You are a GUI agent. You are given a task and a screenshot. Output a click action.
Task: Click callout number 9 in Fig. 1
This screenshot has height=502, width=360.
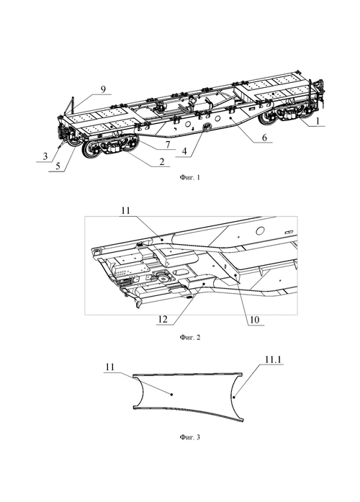pyautogui.click(x=103, y=89)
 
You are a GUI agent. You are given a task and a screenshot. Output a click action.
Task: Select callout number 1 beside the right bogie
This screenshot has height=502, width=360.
pyautogui.click(x=317, y=121)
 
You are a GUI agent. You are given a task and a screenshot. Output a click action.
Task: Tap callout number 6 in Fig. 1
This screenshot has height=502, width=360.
pyautogui.click(x=264, y=137)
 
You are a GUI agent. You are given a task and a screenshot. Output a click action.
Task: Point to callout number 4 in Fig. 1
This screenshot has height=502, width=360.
pyautogui.click(x=184, y=151)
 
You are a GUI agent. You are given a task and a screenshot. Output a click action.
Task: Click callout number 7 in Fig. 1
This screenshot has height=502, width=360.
pyautogui.click(x=167, y=144)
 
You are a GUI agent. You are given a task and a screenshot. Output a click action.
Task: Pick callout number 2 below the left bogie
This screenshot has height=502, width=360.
pyautogui.click(x=161, y=161)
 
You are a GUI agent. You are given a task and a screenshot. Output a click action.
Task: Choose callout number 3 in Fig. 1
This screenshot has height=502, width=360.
pyautogui.click(x=45, y=156)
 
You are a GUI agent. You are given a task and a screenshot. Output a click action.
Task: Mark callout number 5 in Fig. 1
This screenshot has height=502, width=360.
pyautogui.click(x=58, y=166)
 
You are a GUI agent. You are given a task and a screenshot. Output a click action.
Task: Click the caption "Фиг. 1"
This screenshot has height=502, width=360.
pyautogui.click(x=190, y=177)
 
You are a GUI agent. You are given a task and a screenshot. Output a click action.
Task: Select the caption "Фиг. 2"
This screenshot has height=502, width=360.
pyautogui.click(x=190, y=337)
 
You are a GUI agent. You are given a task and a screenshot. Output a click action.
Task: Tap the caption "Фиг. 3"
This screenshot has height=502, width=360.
pyautogui.click(x=190, y=437)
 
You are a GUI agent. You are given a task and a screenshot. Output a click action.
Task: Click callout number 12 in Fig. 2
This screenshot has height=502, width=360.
pyautogui.click(x=163, y=320)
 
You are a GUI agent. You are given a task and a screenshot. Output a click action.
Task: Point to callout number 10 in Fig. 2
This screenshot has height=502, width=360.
pyautogui.click(x=254, y=320)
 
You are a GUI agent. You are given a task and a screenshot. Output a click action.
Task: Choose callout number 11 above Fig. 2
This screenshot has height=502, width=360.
pyautogui.click(x=126, y=210)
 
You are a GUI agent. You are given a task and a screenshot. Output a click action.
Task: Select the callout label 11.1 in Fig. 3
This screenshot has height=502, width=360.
pyautogui.click(x=273, y=359)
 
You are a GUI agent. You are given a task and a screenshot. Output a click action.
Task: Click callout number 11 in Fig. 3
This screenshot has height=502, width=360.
pyautogui.click(x=109, y=367)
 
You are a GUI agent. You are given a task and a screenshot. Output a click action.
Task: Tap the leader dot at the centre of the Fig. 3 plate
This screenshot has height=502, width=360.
pyautogui.click(x=172, y=395)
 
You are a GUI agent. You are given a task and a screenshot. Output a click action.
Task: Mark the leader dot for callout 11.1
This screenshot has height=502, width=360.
pyautogui.click(x=234, y=398)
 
